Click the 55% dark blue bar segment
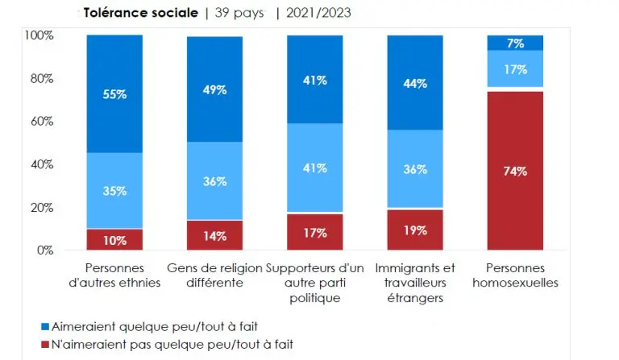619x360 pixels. point(114,93)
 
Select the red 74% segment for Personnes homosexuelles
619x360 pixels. point(515,171)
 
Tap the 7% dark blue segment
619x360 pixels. point(515,42)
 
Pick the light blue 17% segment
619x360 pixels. point(515,68)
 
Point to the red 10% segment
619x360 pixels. point(114,240)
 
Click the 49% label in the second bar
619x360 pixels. point(215,90)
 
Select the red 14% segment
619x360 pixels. point(215,236)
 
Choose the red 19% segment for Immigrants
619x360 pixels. point(415,230)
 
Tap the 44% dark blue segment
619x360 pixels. point(415,83)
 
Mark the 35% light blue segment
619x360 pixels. point(114,191)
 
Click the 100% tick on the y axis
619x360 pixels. point(39,35)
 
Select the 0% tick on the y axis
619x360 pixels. point(44,250)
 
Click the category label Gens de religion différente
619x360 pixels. point(214,275)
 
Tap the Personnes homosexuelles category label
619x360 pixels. point(515,275)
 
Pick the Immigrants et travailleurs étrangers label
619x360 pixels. point(415,283)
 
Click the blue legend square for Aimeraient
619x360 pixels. point(44,327)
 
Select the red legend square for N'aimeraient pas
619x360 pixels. point(44,344)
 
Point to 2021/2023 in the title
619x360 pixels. point(314,13)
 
